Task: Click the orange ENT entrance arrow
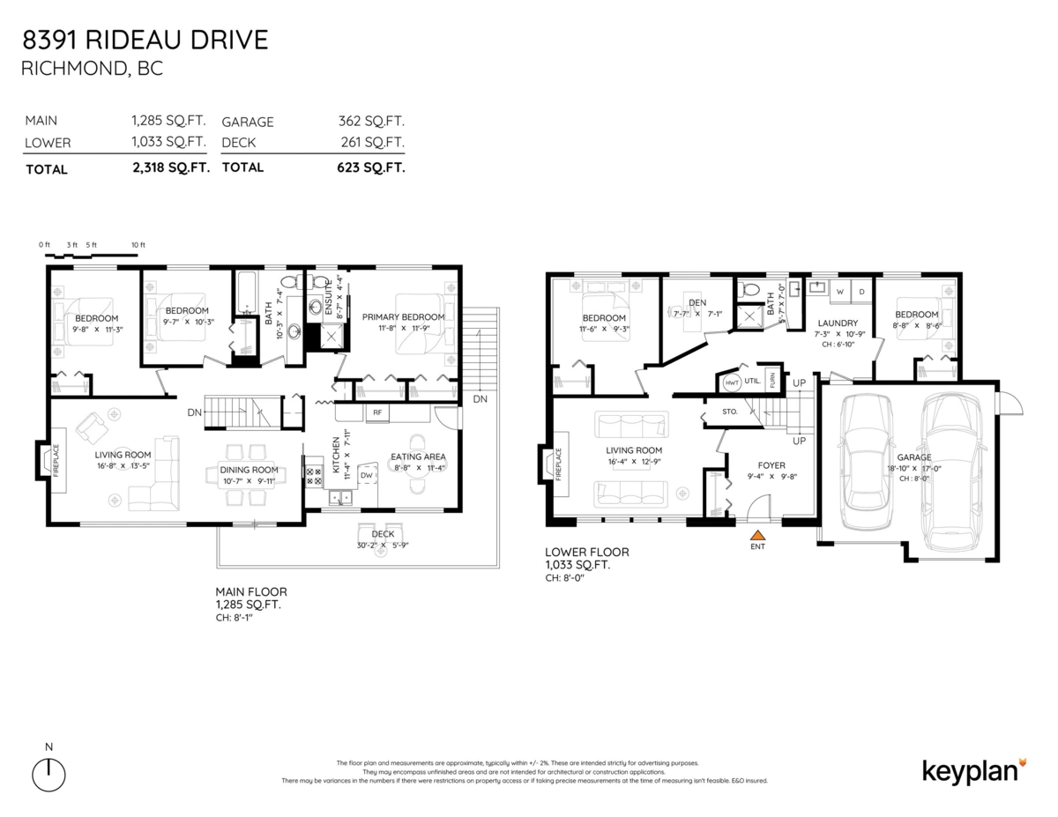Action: point(756,533)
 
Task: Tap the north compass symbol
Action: point(49,774)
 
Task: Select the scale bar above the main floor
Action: point(93,256)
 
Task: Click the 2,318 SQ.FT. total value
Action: point(170,167)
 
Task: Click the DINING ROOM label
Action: point(249,470)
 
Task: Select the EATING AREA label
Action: point(418,457)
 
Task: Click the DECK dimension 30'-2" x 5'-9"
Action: point(382,545)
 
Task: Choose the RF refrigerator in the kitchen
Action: point(376,412)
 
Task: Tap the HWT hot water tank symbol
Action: point(731,383)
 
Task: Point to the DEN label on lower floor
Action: point(697,302)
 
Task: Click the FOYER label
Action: point(771,465)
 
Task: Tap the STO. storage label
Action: point(728,411)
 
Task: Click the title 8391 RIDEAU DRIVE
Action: point(145,40)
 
